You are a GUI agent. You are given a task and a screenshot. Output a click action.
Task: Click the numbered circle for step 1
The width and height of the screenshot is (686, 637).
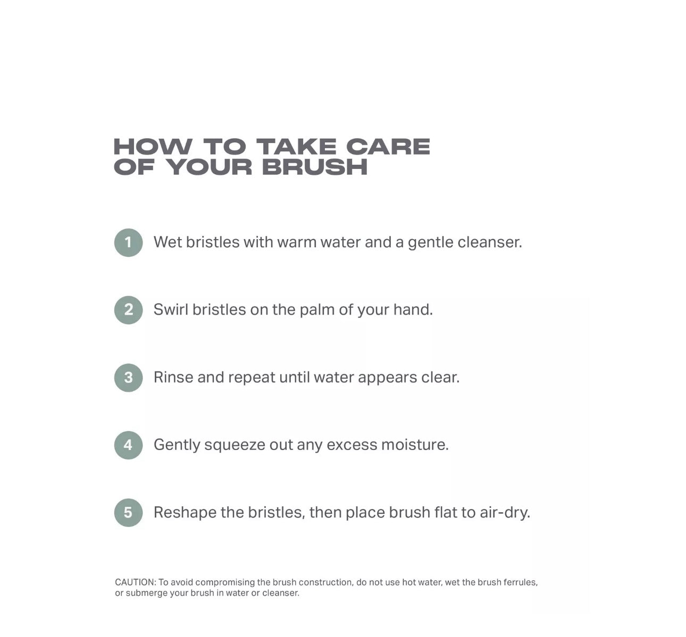[x=129, y=243]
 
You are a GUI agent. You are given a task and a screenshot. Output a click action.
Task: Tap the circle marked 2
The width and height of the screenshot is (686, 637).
[x=129, y=310]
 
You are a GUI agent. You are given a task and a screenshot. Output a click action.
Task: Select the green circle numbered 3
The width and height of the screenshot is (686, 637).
[x=129, y=378]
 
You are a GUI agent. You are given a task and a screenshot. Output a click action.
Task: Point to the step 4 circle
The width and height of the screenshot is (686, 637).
[x=129, y=445]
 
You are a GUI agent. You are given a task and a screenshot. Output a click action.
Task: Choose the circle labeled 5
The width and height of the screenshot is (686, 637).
[x=129, y=513]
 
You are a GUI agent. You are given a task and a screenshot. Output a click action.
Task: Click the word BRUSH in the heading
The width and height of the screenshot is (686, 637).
[x=315, y=167]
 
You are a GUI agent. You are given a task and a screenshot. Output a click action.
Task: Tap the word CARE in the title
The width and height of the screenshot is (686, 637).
[x=388, y=147]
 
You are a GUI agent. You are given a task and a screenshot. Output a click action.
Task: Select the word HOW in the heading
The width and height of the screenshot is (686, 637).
[x=153, y=147]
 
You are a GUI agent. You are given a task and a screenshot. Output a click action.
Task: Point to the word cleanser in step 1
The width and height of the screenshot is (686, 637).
[x=490, y=242]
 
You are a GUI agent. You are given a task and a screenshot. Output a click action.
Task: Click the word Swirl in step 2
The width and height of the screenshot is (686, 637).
[x=171, y=309]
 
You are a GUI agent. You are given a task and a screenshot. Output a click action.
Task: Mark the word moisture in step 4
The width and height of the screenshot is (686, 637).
[x=415, y=444]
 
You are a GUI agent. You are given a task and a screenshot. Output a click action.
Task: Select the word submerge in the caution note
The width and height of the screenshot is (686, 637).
[x=146, y=593]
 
